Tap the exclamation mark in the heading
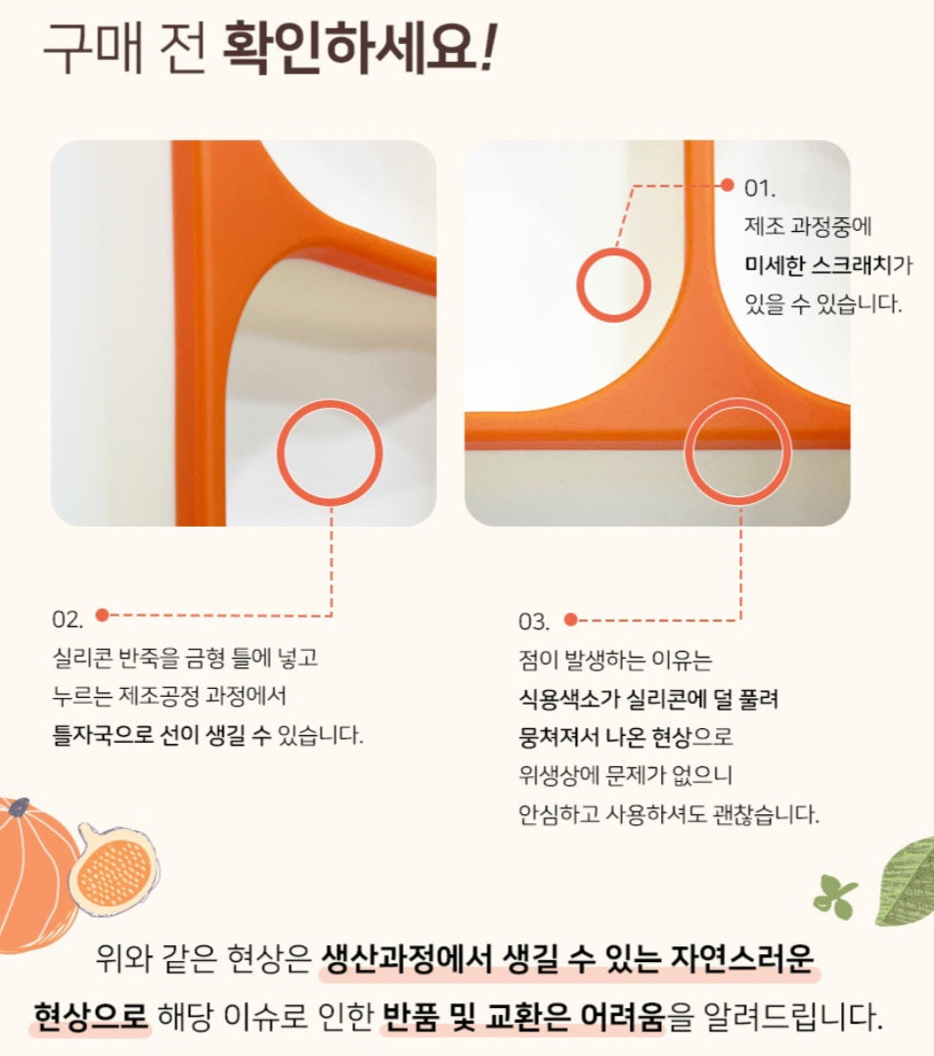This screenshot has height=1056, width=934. [490, 49]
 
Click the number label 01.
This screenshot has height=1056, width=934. [760, 188]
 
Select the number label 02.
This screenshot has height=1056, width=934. [67, 619]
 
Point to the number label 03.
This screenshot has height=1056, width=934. [534, 621]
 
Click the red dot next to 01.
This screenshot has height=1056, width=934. [728, 185]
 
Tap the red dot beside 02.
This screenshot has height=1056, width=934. [103, 615]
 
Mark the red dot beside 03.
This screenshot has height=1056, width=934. [570, 620]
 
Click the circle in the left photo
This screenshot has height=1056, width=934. [279, 452]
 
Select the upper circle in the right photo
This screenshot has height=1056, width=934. [579, 284]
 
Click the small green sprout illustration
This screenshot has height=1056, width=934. [835, 896]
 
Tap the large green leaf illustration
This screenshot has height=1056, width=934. [906, 881]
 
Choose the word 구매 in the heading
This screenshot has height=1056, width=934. [92, 49]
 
